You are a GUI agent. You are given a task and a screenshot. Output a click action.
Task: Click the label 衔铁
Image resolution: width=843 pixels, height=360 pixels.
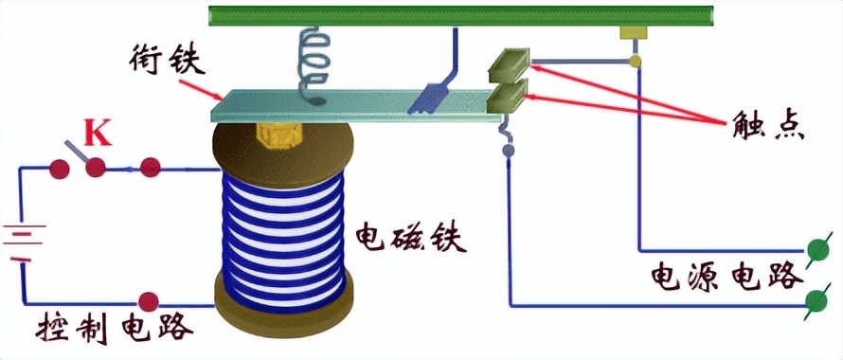click(x=169, y=63)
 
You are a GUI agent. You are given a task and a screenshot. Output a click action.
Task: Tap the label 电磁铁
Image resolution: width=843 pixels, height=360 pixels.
click(x=411, y=237)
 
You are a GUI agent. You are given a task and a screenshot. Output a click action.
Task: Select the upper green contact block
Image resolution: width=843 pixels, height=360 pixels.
click(x=509, y=64)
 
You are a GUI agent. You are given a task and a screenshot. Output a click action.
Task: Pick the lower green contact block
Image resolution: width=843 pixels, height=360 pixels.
click(x=509, y=96)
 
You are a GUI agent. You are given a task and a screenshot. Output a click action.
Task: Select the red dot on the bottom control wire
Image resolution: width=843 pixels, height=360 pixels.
click(x=149, y=302)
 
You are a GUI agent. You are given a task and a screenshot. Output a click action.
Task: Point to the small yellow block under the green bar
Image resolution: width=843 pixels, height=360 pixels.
click(x=631, y=33)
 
